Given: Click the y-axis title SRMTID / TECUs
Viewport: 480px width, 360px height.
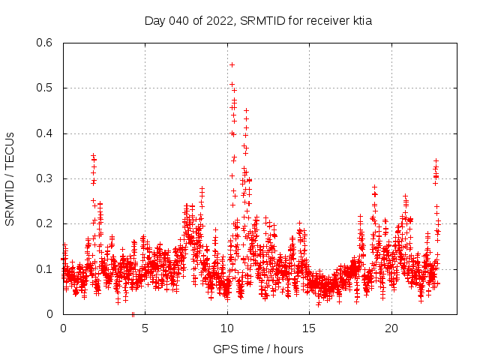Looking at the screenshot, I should coord(10,178).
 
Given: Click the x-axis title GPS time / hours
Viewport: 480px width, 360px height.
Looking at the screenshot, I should coord(259,349).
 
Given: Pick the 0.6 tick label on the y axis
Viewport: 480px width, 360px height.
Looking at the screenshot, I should coord(46,43).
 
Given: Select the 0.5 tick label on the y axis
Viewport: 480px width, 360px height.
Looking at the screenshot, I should coord(46,88).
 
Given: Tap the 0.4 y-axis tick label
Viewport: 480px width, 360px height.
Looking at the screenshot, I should coord(46,133).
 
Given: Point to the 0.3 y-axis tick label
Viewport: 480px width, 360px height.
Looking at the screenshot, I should coord(46,178).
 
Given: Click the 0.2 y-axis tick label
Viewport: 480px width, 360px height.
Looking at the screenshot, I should coord(46,223).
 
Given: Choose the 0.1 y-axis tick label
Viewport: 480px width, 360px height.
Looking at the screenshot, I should coord(46,268).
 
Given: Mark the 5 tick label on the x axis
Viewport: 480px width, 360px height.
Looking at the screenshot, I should coord(145,328).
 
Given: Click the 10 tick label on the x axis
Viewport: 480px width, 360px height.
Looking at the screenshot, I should coord(227,328).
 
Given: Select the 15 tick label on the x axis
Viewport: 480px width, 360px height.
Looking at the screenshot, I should coord(310,328).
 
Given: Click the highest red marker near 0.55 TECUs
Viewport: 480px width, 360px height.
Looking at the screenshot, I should coord(232,64).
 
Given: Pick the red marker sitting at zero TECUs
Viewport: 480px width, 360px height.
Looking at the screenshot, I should coord(133,314).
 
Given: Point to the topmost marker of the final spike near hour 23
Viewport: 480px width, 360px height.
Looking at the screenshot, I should coord(436,160).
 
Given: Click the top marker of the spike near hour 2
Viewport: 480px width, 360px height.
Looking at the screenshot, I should coord(93,155).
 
